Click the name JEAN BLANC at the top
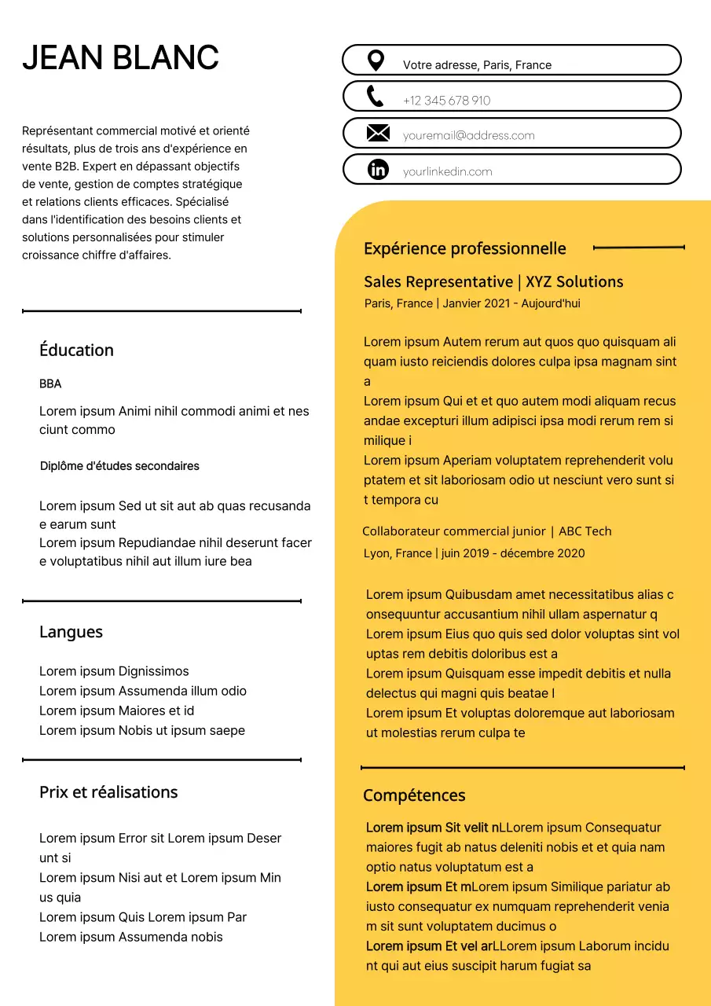tap(120, 58)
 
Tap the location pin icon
tap(376, 61)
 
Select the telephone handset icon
tap(376, 97)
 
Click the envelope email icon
tap(378, 134)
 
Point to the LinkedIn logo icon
tap(378, 169)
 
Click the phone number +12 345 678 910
tap(446, 101)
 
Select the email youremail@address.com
tap(468, 135)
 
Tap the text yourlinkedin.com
tap(447, 171)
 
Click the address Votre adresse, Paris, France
tap(477, 65)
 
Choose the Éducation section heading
tap(76, 351)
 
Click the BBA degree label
tap(50, 384)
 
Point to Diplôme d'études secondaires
tap(119, 466)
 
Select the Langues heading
tap(71, 633)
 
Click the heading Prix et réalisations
tap(108, 792)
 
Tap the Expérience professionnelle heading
tap(464, 249)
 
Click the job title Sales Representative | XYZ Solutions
tap(493, 282)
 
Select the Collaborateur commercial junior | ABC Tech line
tap(486, 531)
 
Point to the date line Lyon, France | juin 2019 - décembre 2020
tap(474, 553)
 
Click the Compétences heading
tap(414, 795)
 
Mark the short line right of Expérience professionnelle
tap(639, 248)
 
